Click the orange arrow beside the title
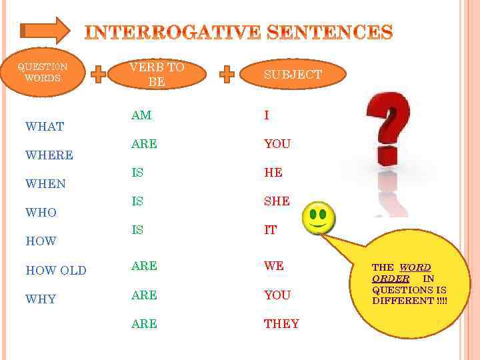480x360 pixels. point(45,31)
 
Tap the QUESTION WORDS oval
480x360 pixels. point(43,72)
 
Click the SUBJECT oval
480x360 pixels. point(293,75)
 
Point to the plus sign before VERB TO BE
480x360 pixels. point(98,74)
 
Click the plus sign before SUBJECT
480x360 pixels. point(227,74)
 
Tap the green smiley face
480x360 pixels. point(319,217)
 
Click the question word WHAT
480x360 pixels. point(45,127)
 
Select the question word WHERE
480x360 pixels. point(49,155)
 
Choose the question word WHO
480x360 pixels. point(41,213)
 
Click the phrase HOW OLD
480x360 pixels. point(56,271)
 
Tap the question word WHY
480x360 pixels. point(41,299)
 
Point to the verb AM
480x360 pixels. point(141,115)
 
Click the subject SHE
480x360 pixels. point(277,201)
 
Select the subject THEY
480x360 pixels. point(281,324)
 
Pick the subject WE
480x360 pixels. point(274,266)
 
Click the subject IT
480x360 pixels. point(270,230)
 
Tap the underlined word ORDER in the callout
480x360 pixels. point(391,279)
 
